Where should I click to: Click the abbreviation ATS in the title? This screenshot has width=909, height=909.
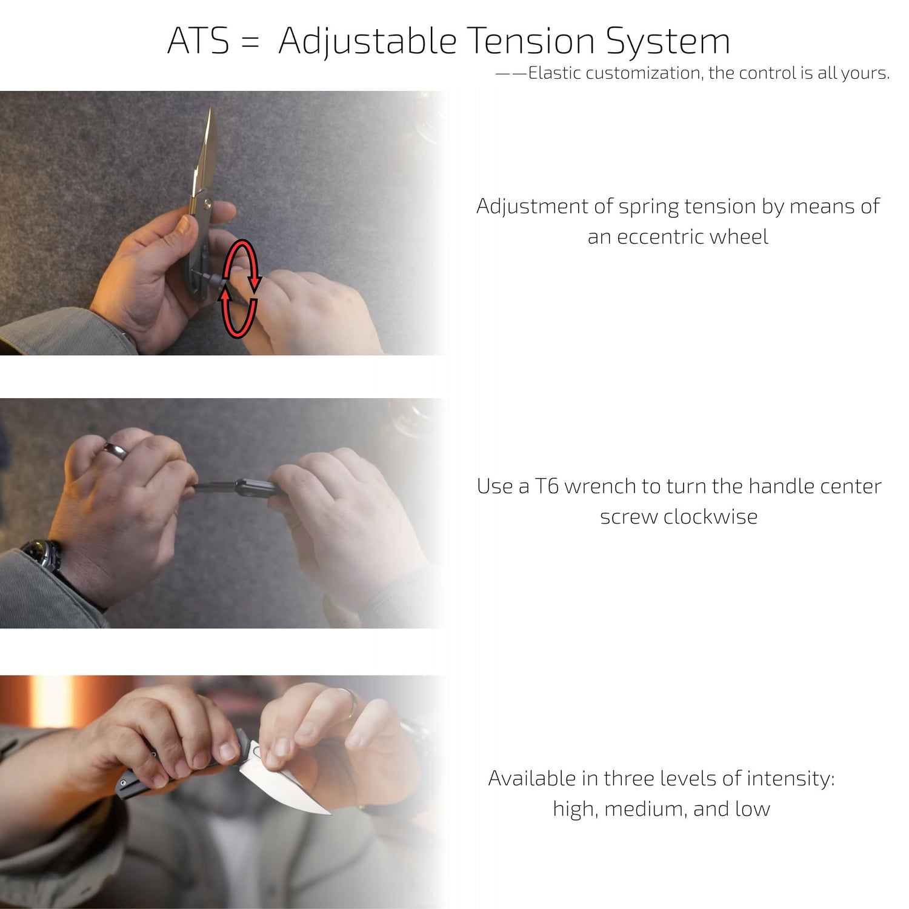(x=198, y=41)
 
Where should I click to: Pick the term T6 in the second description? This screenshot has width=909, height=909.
(x=546, y=486)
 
